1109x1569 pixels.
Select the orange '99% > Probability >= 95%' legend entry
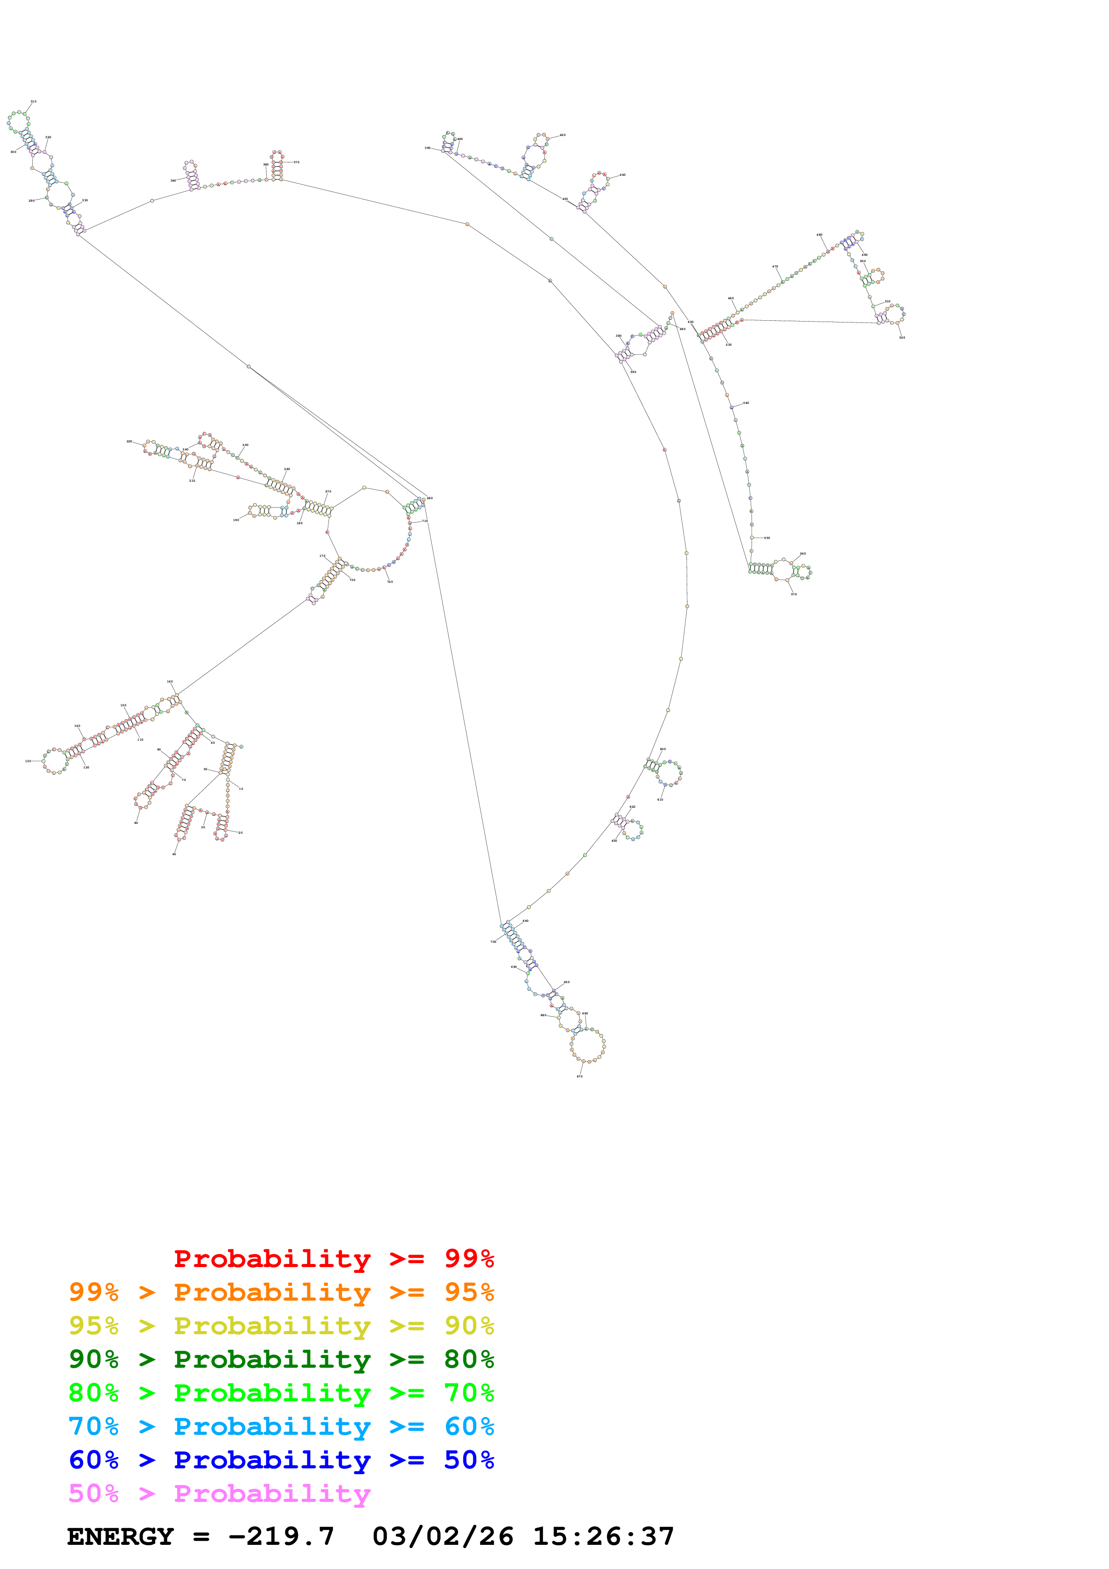281,1292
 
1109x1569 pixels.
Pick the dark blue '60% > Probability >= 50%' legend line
281,1460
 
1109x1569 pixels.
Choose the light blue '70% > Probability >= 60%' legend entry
281,1426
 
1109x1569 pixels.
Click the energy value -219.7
281,1537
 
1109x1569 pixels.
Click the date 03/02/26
443,1537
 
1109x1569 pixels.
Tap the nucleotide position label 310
34,101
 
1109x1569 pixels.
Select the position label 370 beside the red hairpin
297,162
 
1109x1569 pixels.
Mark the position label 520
902,338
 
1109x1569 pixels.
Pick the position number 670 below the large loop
579,1076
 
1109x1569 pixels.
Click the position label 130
28,761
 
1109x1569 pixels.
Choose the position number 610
660,800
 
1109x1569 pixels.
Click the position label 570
794,594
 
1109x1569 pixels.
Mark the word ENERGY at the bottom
120,1537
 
